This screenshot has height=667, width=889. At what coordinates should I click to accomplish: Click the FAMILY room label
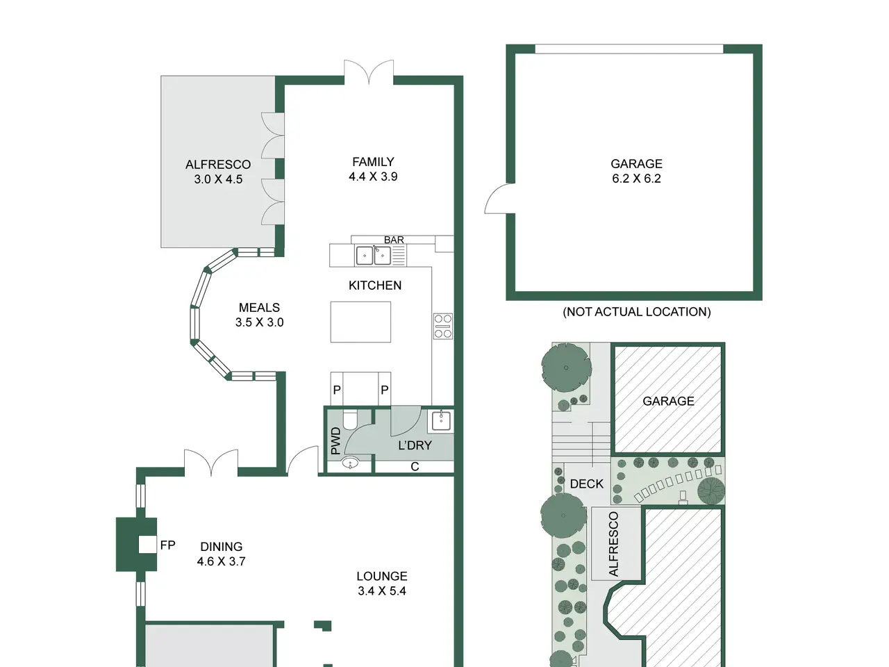(x=373, y=162)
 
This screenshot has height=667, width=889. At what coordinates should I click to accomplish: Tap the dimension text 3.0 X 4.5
(x=218, y=179)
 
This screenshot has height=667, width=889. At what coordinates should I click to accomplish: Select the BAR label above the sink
(x=394, y=240)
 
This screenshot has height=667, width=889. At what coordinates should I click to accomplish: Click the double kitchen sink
(x=373, y=256)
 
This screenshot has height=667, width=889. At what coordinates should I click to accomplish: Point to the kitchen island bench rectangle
(x=360, y=322)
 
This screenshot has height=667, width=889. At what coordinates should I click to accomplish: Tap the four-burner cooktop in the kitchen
(x=442, y=326)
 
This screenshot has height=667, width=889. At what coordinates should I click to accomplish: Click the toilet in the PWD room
(x=349, y=419)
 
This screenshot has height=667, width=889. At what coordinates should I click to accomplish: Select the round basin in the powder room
(x=350, y=462)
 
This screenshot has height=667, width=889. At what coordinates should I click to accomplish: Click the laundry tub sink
(x=440, y=421)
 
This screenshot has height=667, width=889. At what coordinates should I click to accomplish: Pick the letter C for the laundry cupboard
(x=415, y=467)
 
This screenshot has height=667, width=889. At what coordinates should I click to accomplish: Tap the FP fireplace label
(x=167, y=545)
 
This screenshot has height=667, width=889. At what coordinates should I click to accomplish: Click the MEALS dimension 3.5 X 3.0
(x=259, y=322)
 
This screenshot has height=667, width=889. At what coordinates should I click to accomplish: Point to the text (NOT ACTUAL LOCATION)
(x=636, y=312)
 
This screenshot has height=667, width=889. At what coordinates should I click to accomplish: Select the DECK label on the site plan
(x=586, y=484)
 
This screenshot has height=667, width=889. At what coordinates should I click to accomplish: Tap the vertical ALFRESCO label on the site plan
(x=613, y=544)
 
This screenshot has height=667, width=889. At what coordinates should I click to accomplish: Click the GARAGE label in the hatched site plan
(x=668, y=401)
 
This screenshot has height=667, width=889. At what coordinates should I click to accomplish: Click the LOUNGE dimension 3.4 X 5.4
(x=381, y=591)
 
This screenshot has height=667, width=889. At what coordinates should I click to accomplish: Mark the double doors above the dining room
(x=211, y=462)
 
